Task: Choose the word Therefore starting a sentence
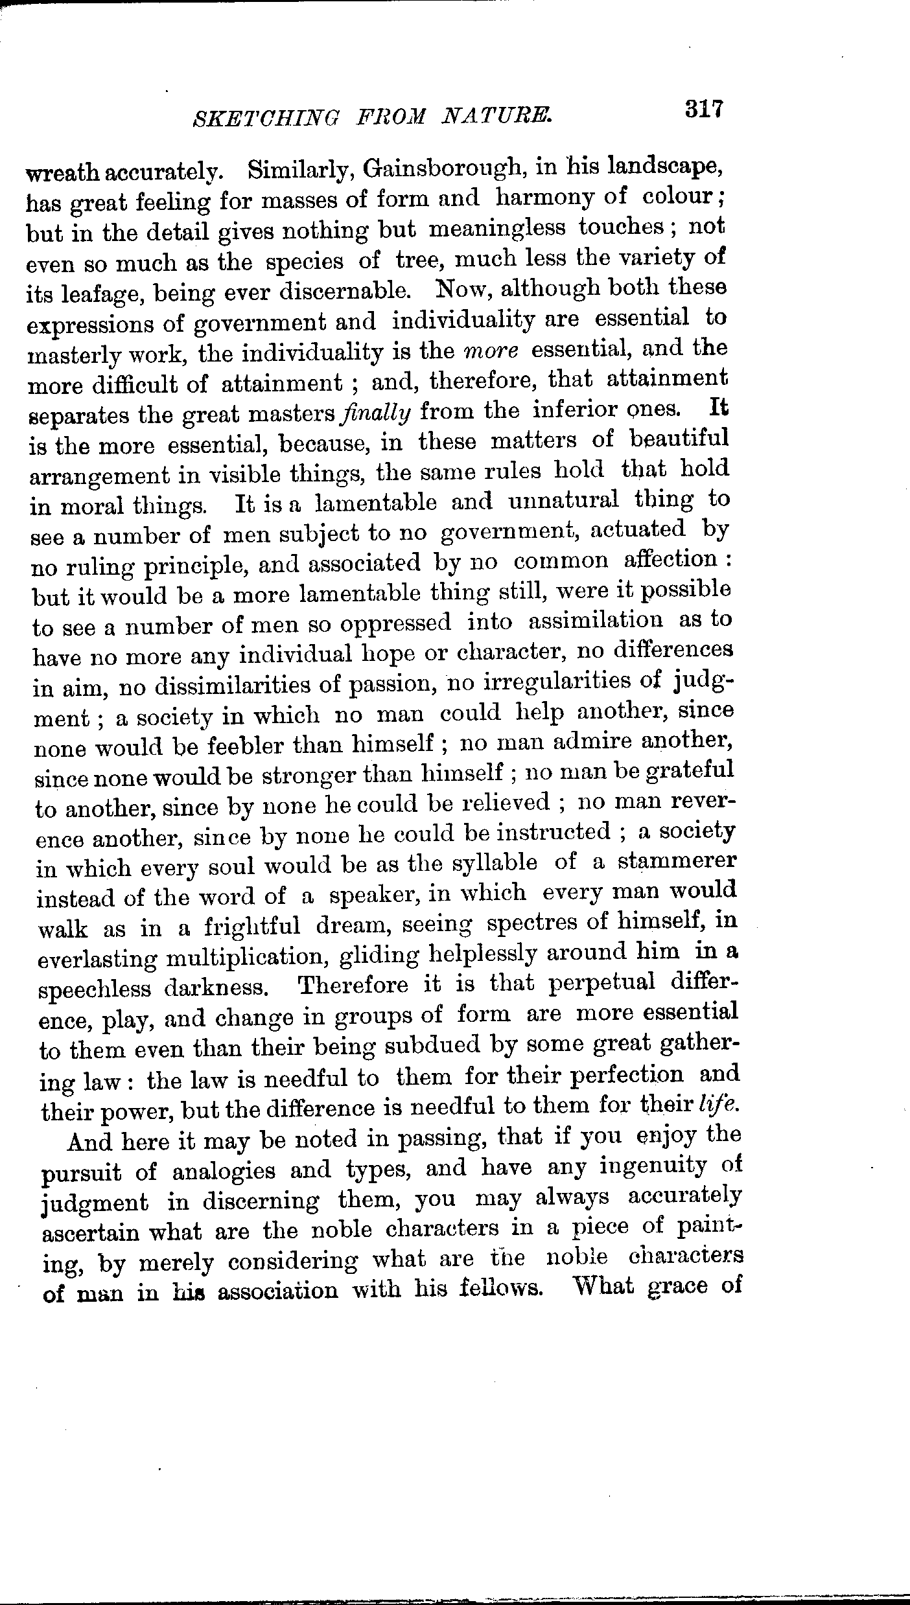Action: [x=353, y=986]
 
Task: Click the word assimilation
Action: [x=596, y=621]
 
